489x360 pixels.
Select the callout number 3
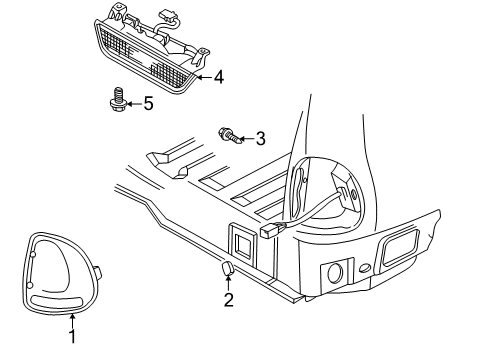pyautogui.click(x=261, y=138)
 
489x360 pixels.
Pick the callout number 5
pyautogui.click(x=148, y=102)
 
